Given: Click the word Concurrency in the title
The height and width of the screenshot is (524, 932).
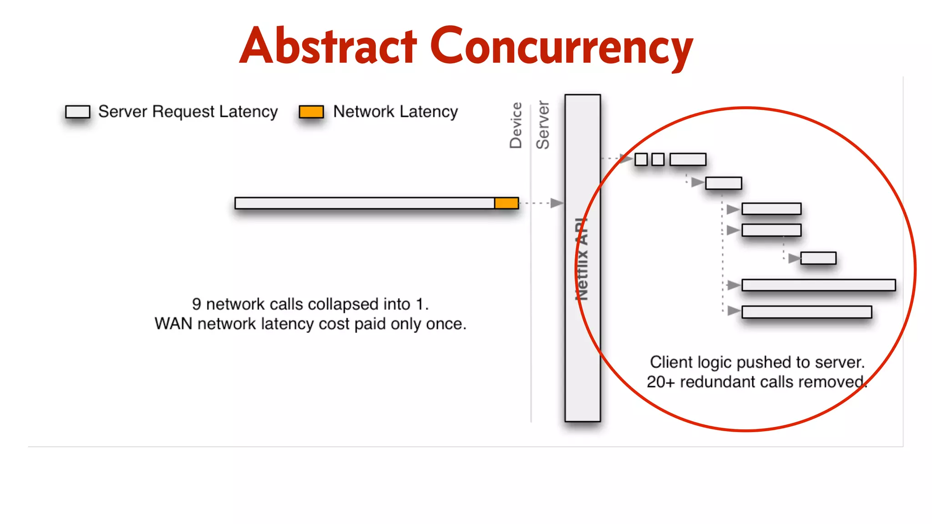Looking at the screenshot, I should pos(561,46).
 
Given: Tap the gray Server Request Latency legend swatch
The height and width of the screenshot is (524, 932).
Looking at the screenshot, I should pos(77,111).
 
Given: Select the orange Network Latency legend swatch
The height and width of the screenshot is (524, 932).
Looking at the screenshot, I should pos(311,111).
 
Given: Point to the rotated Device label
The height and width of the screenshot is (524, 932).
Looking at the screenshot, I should pos(516,125).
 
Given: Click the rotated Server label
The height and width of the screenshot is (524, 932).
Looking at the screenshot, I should pos(543,125).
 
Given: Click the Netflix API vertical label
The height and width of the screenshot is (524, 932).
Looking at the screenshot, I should pos(582,259).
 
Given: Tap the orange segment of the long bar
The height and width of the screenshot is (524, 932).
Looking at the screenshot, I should pos(507,203).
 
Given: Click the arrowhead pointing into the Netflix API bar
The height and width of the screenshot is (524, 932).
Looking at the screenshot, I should pos(557,203).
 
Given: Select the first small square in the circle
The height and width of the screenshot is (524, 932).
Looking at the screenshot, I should pos(641,159).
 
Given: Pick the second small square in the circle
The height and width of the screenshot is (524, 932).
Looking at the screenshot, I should pos(658,159).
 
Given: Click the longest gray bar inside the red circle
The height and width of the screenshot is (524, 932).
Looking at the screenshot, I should pos(818,285).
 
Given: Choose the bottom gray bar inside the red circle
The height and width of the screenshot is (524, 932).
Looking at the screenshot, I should pos(806,312).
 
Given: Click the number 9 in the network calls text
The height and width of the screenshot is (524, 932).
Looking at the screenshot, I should pos(197,304).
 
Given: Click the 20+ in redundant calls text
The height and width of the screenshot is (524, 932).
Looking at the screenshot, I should pos(661,382).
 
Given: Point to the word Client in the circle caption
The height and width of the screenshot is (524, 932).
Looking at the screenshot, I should pos(671,362).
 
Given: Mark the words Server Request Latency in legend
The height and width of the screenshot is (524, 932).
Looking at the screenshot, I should pos(188,111).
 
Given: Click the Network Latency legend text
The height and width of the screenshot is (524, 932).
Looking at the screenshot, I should pos(395,111).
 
